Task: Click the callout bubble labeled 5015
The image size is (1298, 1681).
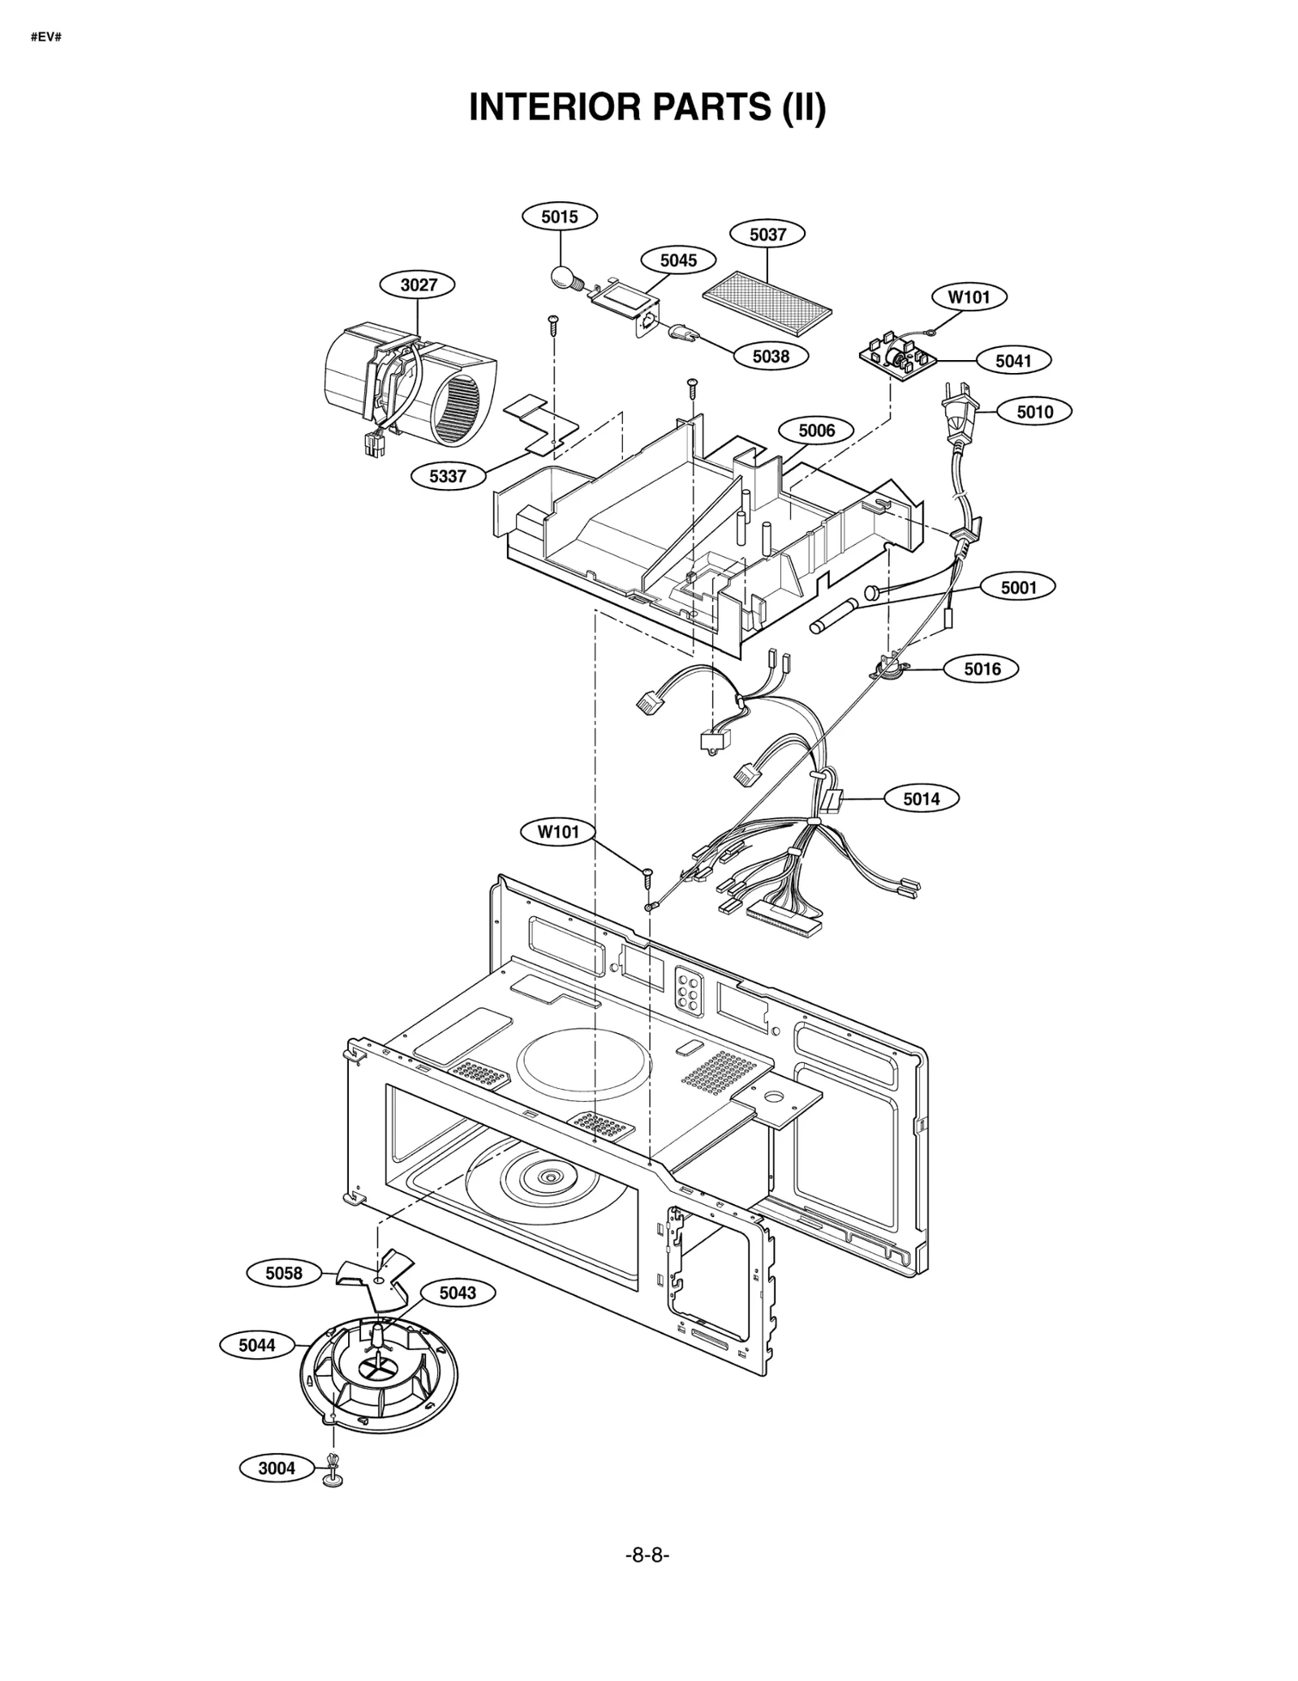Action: point(560,217)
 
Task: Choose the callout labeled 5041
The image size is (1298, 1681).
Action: point(1012,361)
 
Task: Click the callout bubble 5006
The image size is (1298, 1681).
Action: point(816,431)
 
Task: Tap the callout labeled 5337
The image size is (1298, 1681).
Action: point(448,476)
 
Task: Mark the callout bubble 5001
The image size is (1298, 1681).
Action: point(1018,587)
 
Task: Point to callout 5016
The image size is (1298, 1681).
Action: point(982,669)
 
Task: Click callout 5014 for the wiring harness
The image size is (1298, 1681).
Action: point(921,799)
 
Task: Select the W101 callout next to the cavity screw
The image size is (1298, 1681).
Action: point(558,832)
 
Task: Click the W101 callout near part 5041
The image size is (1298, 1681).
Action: point(969,298)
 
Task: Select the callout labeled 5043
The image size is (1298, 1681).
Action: point(458,1293)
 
